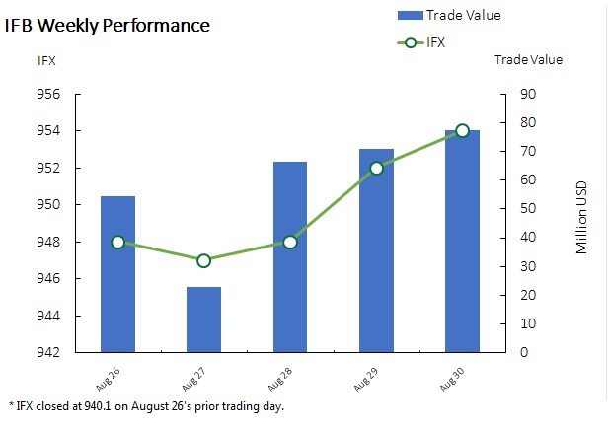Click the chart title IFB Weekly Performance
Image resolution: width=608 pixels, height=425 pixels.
click(x=107, y=25)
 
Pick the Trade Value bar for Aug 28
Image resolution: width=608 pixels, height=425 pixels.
click(x=290, y=256)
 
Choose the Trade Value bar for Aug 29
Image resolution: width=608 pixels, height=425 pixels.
click(x=376, y=250)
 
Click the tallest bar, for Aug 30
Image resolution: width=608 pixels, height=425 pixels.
click(x=462, y=241)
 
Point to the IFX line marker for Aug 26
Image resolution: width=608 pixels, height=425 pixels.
click(x=118, y=242)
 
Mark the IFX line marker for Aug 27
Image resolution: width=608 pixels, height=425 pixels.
click(x=203, y=260)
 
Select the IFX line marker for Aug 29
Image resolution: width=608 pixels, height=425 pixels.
click(x=376, y=168)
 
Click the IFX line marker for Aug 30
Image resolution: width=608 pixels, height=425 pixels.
click(x=462, y=131)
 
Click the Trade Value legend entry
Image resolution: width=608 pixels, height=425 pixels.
click(x=449, y=15)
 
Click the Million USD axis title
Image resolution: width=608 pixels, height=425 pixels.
click(x=582, y=217)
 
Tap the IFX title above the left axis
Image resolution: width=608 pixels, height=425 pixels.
click(x=46, y=60)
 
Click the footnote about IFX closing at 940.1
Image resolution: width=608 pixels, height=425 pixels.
click(x=145, y=405)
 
